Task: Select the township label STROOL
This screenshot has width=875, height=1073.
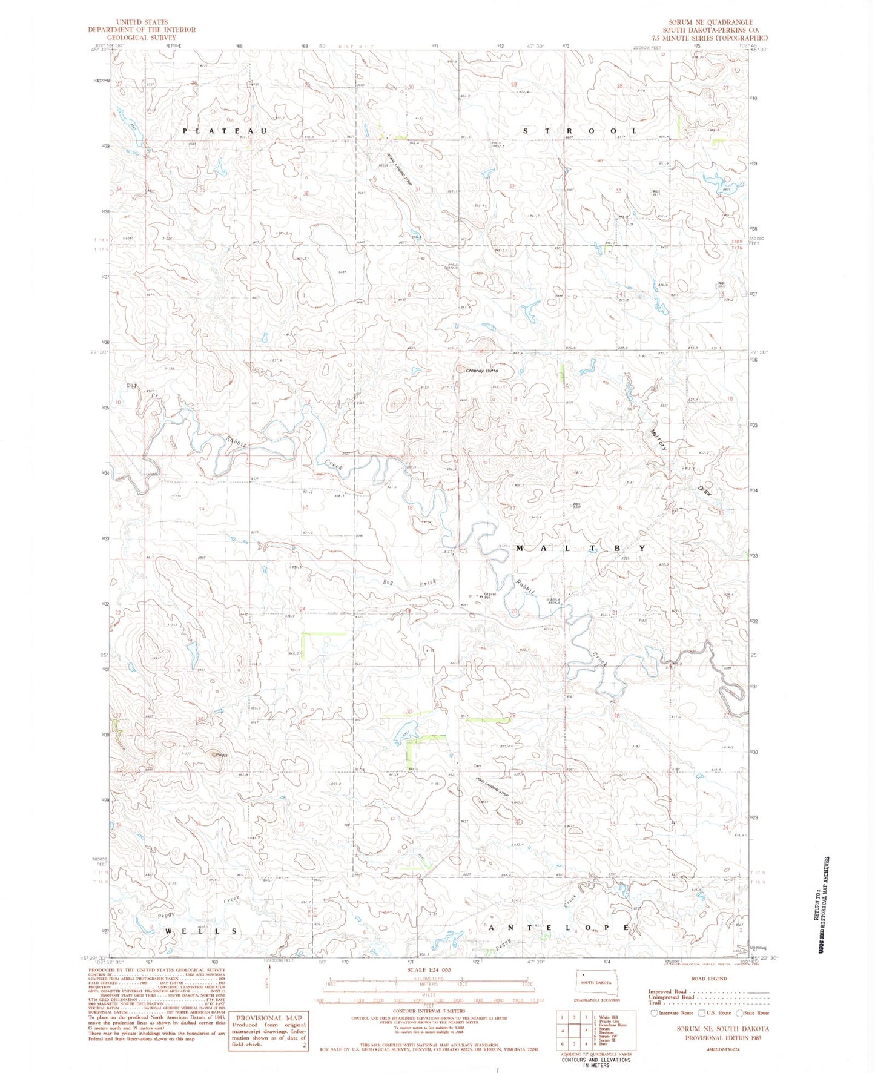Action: (x=579, y=131)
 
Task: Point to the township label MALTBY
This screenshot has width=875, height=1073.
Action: (x=580, y=547)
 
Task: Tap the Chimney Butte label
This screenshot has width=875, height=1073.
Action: (x=482, y=371)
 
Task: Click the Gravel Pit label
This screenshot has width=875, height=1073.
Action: (x=489, y=596)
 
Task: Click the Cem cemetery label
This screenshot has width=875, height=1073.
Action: (x=477, y=765)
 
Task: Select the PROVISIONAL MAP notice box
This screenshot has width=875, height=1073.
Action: (x=268, y=1031)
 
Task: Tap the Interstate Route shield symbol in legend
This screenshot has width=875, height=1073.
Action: (x=654, y=1012)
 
